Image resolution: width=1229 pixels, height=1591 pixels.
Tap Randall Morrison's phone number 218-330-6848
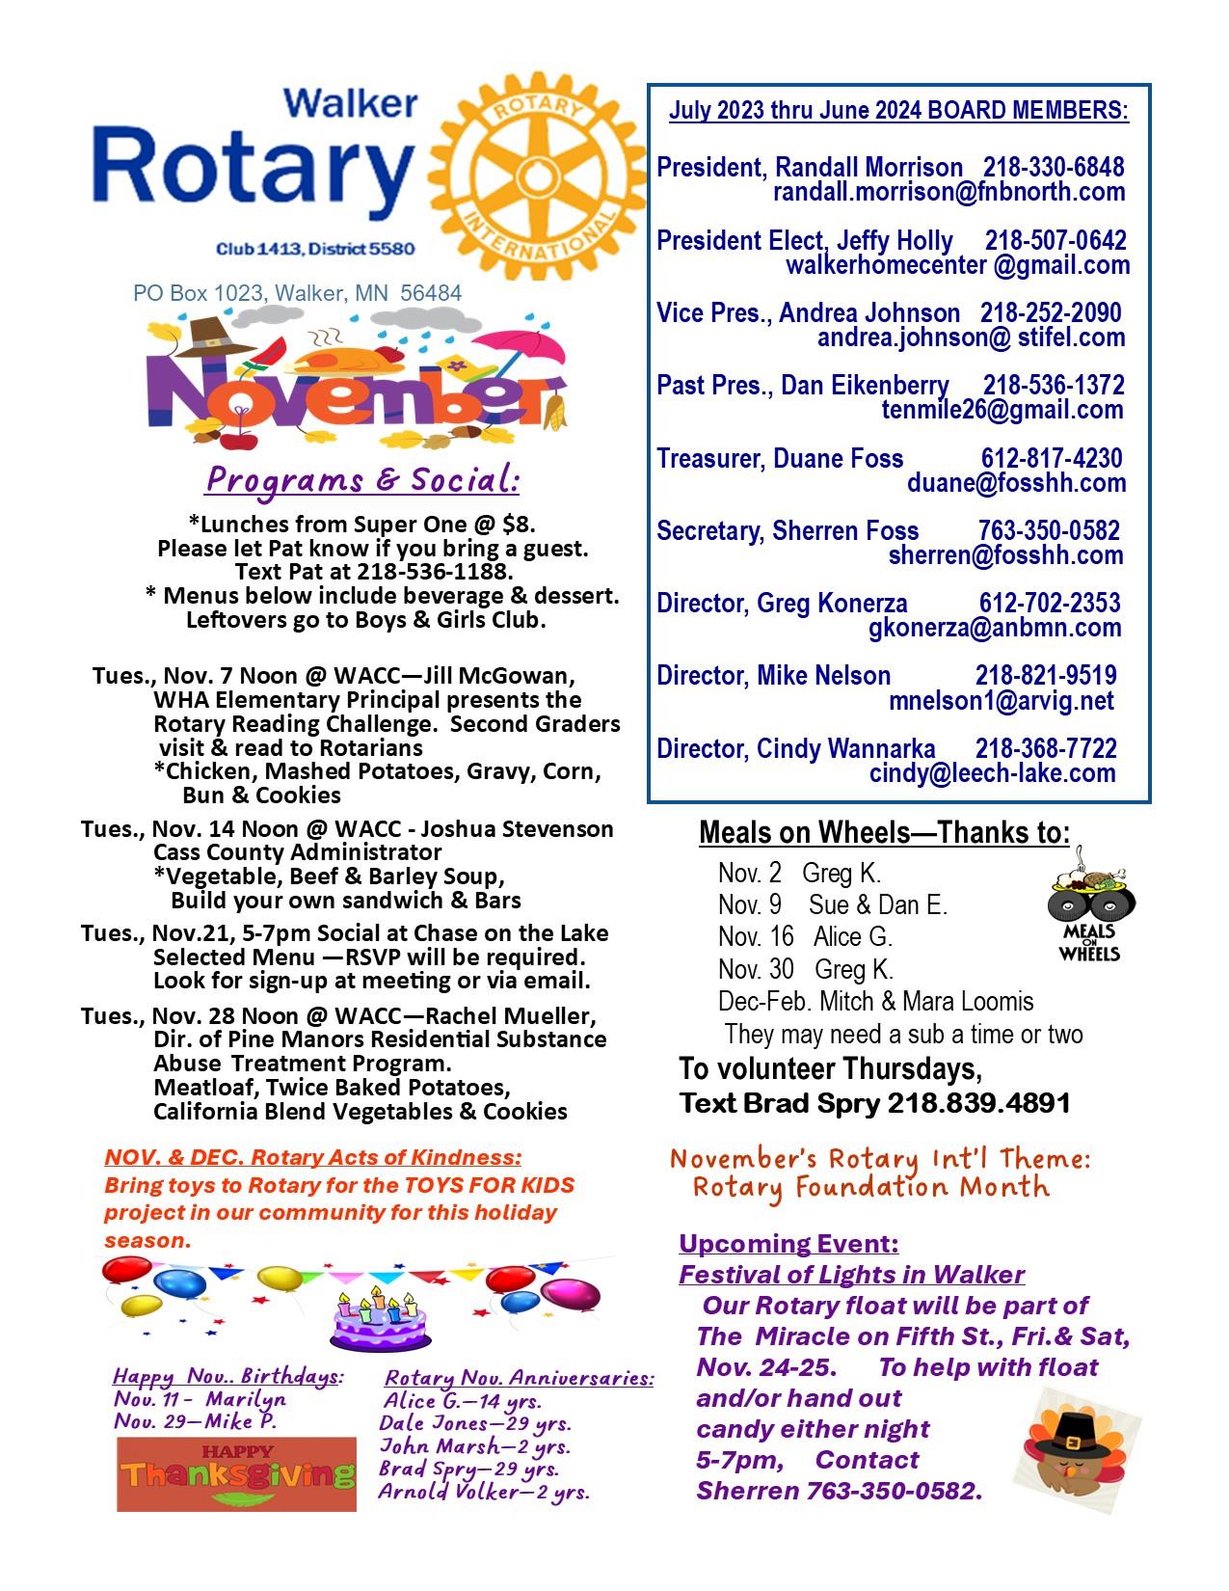click(x=1053, y=167)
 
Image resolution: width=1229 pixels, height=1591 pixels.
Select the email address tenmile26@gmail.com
click(x=1002, y=410)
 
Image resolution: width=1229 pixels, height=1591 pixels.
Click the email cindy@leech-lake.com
click(x=992, y=773)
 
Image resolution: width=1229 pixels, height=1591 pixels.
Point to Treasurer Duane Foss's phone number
click(x=1051, y=458)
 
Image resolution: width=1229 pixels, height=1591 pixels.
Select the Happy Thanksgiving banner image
click(x=236, y=1473)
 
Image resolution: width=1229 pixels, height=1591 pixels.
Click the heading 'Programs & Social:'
click(x=362, y=479)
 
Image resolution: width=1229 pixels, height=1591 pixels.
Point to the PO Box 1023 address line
click(x=297, y=292)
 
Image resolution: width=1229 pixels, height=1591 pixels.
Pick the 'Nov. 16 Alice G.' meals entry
click(x=805, y=936)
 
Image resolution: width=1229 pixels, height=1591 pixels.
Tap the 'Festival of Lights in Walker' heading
click(x=851, y=1275)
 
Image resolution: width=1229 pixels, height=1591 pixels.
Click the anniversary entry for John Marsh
click(x=474, y=1446)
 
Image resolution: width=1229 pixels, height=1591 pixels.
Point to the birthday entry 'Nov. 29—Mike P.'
click(x=196, y=1421)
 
